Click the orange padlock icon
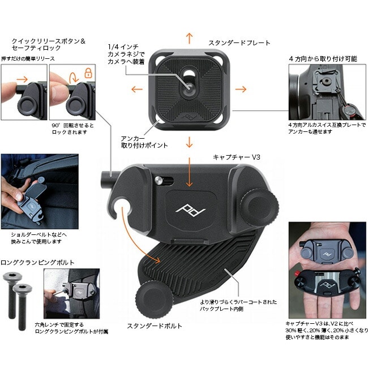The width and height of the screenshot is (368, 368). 88,73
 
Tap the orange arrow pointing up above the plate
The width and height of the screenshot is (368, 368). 189,38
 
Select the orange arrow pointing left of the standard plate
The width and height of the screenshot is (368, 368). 137,89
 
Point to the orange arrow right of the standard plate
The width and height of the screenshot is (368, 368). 241,89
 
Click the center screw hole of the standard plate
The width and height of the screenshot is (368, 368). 190,87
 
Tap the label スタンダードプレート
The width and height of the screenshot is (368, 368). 239,43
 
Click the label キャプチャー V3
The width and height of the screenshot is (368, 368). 237,157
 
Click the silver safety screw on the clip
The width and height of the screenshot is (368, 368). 159,180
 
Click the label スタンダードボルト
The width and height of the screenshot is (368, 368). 155,326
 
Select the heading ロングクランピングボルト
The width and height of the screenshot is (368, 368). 37,262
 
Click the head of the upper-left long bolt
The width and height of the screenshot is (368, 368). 12,276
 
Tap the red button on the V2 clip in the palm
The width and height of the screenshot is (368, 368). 298,273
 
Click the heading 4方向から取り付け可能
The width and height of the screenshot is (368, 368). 323,59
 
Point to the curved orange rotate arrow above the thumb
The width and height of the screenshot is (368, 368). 74,77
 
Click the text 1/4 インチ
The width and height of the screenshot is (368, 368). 123,46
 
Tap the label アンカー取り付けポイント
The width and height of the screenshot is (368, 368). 144,142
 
